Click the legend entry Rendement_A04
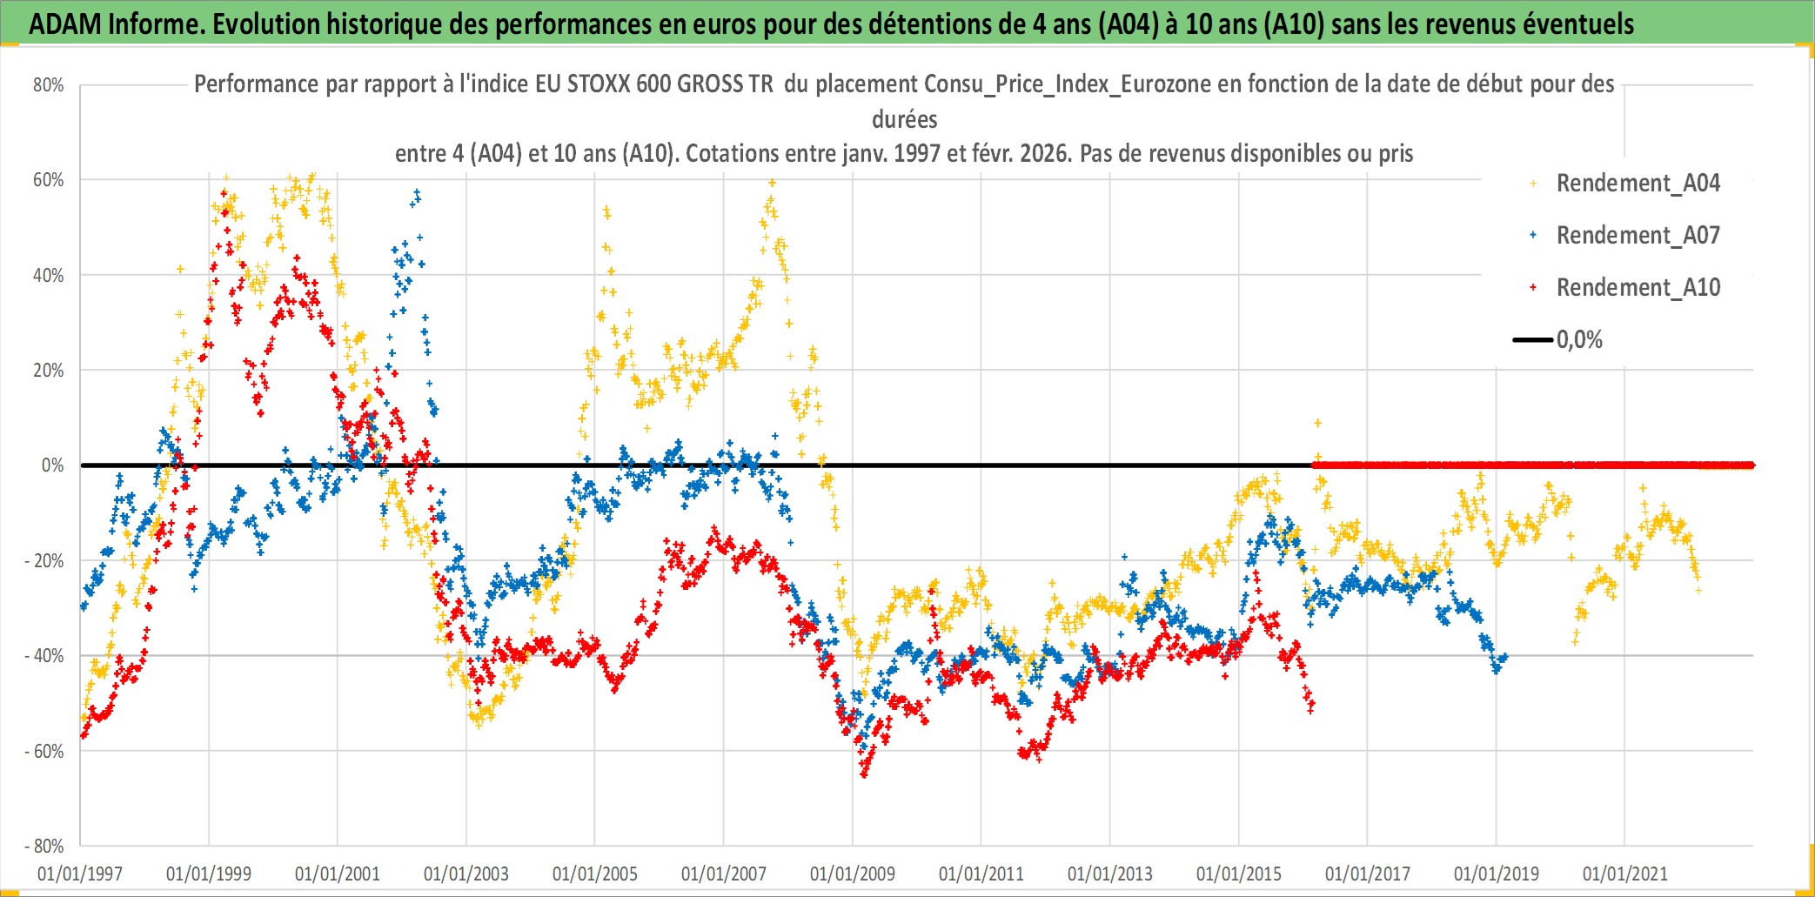[x=1638, y=184]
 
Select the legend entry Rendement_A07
[x=1638, y=236]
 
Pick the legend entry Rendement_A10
[x=1638, y=288]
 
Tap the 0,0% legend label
[x=1579, y=340]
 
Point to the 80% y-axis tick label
[x=49, y=85]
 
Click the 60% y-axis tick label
[x=49, y=180]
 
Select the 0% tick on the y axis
[x=52, y=465]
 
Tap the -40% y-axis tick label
[x=44, y=656]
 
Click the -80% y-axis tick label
[x=44, y=846]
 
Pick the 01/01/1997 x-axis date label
[x=80, y=874]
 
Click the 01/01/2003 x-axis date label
[x=466, y=874]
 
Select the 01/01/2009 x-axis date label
[x=853, y=874]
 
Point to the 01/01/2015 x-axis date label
[x=1239, y=874]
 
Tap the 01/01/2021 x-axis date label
[x=1625, y=874]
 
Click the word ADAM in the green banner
[x=65, y=24]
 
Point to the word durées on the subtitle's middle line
[x=905, y=119]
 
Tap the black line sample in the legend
[x=1532, y=340]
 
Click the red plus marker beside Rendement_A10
[x=1533, y=288]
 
